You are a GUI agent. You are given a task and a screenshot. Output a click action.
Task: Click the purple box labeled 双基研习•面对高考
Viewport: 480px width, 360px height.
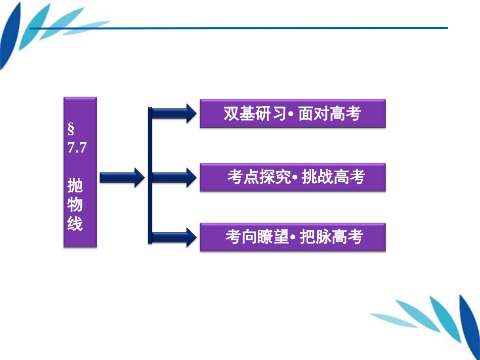click(293, 113)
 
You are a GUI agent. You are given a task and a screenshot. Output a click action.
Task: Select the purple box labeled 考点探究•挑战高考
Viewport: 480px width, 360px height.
click(293, 177)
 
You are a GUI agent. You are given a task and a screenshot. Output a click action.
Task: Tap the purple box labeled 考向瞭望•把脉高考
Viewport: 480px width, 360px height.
click(293, 237)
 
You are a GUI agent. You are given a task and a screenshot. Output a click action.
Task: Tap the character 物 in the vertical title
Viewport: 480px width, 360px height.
click(75, 205)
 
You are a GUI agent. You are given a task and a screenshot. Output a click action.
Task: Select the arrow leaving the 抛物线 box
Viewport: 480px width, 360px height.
click(122, 177)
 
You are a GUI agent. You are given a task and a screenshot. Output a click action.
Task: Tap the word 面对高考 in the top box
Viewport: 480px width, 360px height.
click(329, 114)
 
